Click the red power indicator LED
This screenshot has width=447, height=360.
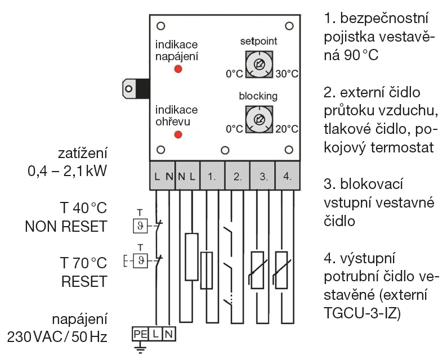[178, 69]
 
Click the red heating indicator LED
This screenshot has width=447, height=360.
[178, 134]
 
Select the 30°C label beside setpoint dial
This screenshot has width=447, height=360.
[287, 74]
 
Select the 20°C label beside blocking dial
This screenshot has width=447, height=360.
[287, 129]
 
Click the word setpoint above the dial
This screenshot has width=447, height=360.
[259, 42]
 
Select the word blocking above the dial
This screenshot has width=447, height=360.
[259, 96]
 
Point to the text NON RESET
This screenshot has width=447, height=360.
[66, 226]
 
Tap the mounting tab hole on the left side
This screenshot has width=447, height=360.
[130, 88]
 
